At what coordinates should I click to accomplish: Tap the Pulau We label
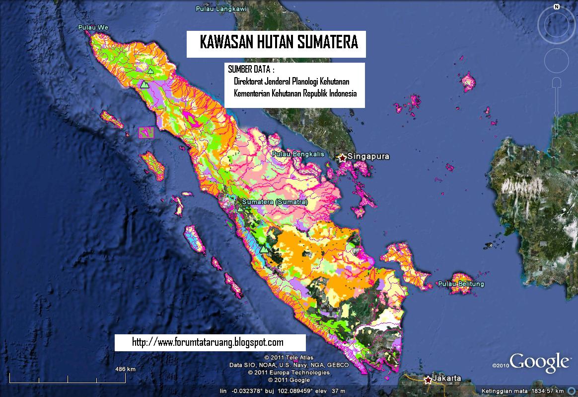pyautogui.click(x=92, y=27)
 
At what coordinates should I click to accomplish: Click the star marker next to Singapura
pyautogui.click(x=342, y=158)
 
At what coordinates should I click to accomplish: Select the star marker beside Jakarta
pyautogui.click(x=428, y=380)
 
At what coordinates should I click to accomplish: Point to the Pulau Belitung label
pyautogui.click(x=461, y=284)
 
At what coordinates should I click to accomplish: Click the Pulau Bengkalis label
pyautogui.click(x=298, y=154)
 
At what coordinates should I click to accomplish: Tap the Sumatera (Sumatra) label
pyautogui.click(x=275, y=202)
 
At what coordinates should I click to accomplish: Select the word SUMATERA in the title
pyautogui.click(x=328, y=43)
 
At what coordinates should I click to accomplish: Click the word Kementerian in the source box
pyautogui.click(x=252, y=94)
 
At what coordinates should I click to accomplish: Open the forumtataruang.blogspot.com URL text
pyautogui.click(x=208, y=342)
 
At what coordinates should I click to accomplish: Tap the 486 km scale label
pyautogui.click(x=125, y=369)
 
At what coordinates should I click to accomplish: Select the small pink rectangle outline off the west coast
pyautogui.click(x=146, y=132)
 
